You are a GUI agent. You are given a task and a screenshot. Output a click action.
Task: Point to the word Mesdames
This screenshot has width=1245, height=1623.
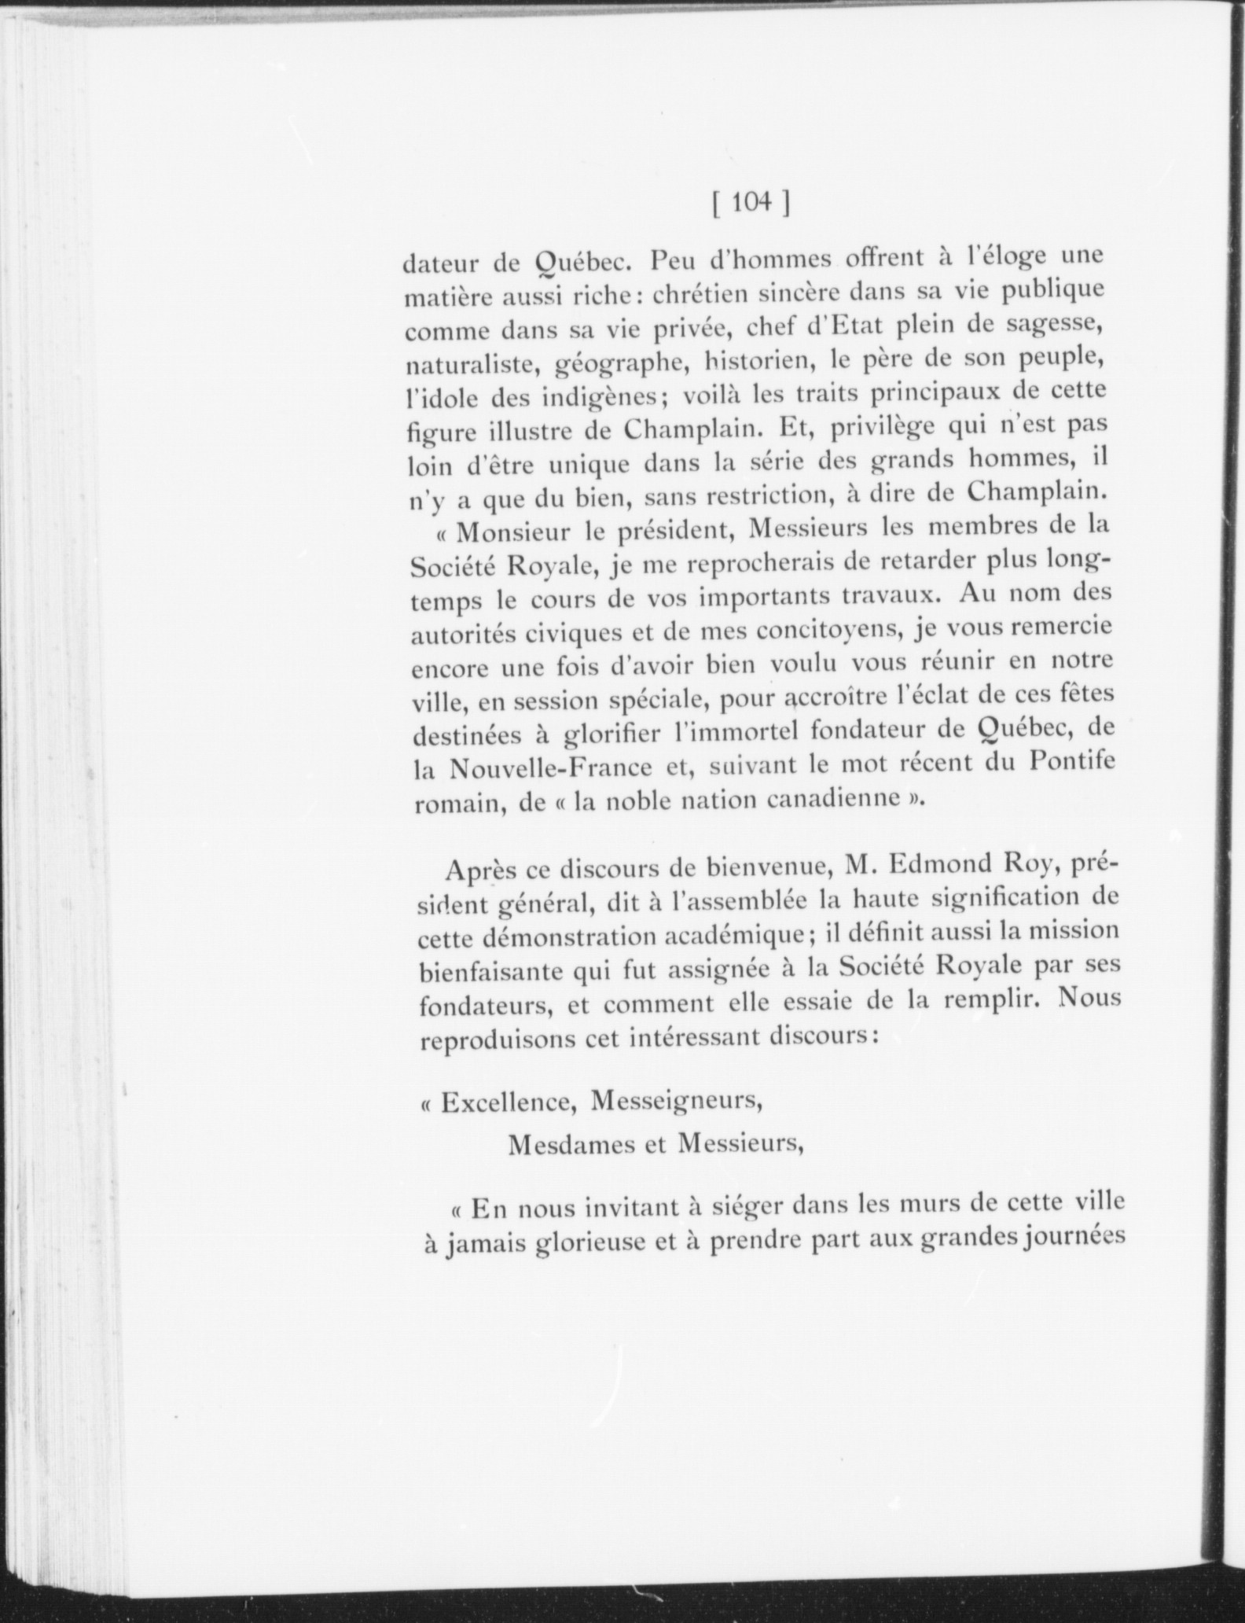(568, 1144)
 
